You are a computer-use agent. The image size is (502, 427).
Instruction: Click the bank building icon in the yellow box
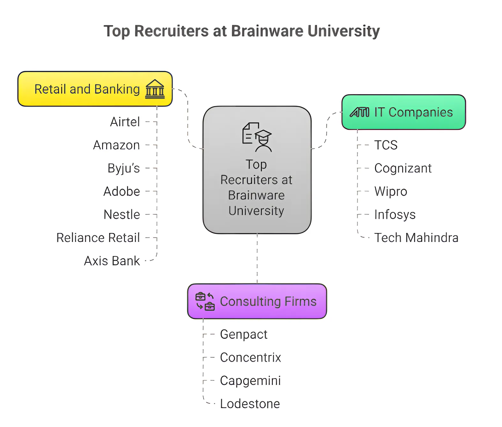tap(155, 89)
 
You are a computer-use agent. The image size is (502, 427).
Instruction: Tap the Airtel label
tap(125, 122)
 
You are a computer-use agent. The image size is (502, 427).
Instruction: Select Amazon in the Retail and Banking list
tap(116, 145)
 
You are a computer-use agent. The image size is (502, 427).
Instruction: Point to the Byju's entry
tap(124, 168)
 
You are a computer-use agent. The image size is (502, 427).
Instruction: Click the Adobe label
tap(122, 191)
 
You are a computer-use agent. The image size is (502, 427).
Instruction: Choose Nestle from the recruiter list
tap(122, 214)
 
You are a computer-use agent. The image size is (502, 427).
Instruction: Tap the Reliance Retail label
tap(98, 238)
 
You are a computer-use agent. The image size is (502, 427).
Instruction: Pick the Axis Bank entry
tap(112, 261)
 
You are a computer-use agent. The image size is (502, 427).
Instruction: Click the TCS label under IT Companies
tap(386, 145)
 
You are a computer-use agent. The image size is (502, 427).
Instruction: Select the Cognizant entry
tap(403, 168)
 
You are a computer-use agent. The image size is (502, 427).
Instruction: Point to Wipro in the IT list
tap(391, 191)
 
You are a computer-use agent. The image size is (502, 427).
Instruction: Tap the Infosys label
tap(395, 214)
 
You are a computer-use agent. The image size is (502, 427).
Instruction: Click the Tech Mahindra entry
tap(416, 238)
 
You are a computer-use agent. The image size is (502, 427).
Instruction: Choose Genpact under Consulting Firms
tap(244, 334)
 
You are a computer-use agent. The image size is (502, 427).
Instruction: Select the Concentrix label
tap(250, 357)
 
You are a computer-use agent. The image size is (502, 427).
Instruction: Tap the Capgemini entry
tap(250, 381)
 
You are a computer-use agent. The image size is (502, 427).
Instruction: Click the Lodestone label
tap(250, 404)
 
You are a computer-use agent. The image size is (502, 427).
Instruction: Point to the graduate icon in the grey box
tap(257, 137)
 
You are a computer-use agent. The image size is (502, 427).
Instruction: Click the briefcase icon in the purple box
tap(205, 302)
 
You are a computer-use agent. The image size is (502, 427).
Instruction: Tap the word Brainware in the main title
tap(267, 31)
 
